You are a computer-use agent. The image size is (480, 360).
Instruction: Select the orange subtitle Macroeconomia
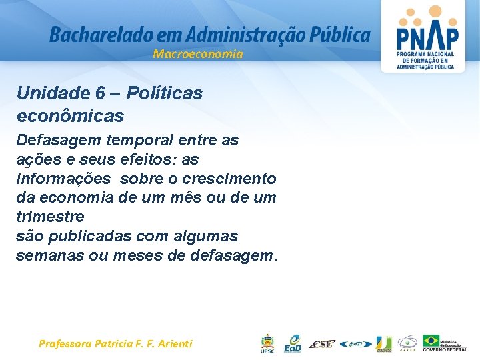click(198, 54)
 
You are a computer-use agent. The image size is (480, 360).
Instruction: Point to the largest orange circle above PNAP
click(435, 11)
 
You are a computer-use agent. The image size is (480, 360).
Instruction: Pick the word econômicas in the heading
click(70, 115)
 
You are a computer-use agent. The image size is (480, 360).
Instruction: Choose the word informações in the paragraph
click(63, 179)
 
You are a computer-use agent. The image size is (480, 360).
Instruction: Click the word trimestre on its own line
click(50, 217)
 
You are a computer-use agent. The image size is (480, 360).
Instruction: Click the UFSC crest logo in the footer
click(267, 343)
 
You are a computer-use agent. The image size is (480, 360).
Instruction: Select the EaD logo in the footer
click(293, 343)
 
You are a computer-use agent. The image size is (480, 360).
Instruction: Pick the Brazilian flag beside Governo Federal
click(431, 340)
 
